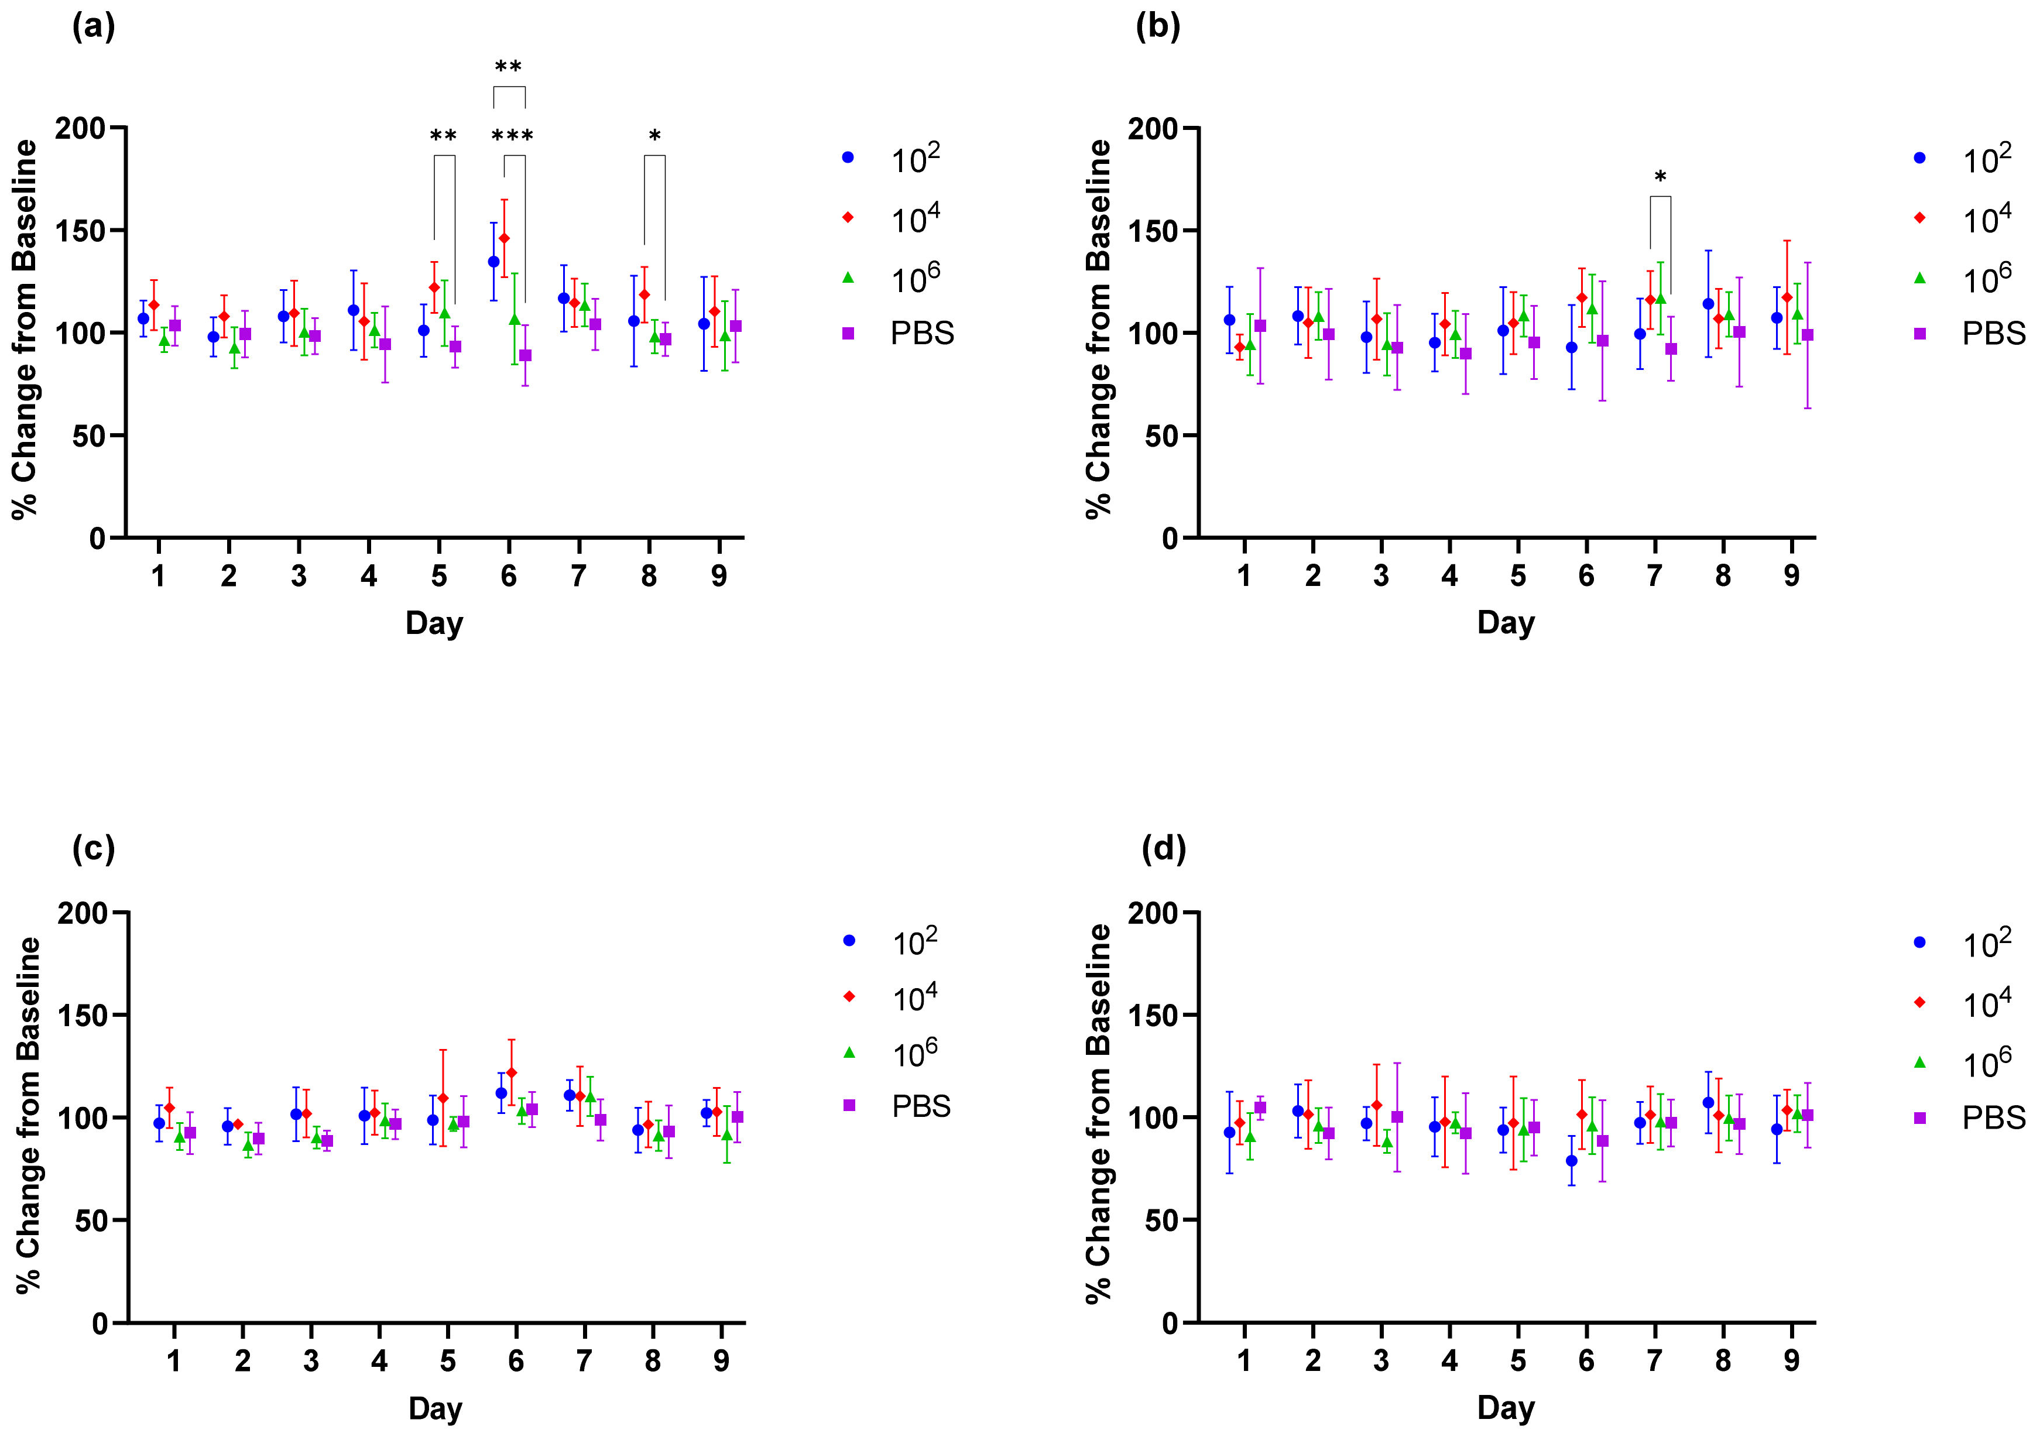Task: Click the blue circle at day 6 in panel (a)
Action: [493, 261]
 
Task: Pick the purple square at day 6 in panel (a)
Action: [525, 355]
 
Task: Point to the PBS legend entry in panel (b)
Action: [1992, 333]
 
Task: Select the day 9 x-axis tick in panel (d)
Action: [1791, 1360]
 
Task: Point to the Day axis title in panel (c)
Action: [435, 1407]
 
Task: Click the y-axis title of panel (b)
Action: [1098, 328]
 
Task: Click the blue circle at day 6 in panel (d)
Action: [1571, 1160]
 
